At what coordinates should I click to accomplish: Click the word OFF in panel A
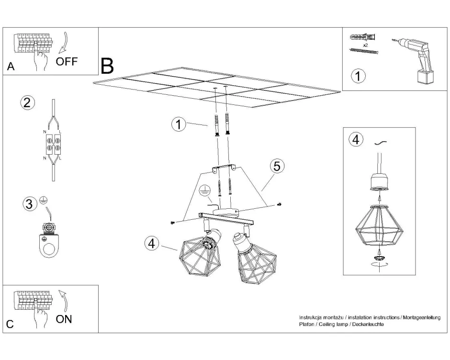[67, 61]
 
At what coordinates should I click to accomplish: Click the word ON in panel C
[64, 319]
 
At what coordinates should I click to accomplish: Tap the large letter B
[107, 66]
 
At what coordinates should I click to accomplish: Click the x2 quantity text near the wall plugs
[365, 45]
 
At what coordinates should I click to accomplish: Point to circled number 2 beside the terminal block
[28, 103]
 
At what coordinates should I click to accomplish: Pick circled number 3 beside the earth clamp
[29, 204]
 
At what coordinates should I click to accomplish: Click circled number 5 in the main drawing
[277, 166]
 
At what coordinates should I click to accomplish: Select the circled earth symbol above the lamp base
[204, 191]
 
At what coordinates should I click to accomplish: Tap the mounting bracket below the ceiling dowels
[223, 169]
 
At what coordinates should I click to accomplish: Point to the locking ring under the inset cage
[379, 259]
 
